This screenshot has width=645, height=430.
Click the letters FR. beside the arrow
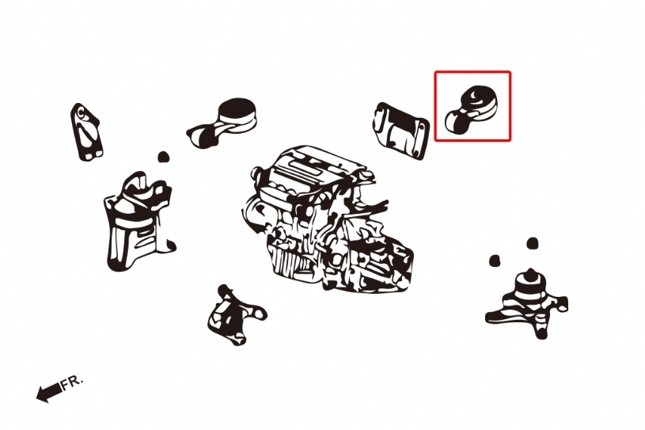point(72,382)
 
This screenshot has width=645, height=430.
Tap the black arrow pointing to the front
point(49,393)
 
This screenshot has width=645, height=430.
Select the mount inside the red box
point(472,109)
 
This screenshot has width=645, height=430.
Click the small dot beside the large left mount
point(164,157)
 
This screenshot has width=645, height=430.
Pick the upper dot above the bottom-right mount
point(533,243)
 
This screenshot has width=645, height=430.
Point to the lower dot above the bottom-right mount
point(495,260)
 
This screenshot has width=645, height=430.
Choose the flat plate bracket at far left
point(85,131)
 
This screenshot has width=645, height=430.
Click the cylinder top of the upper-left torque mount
point(237,109)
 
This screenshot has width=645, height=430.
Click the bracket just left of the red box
point(401,131)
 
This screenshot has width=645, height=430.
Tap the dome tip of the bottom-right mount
point(531,272)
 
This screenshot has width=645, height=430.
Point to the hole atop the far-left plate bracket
point(81,112)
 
